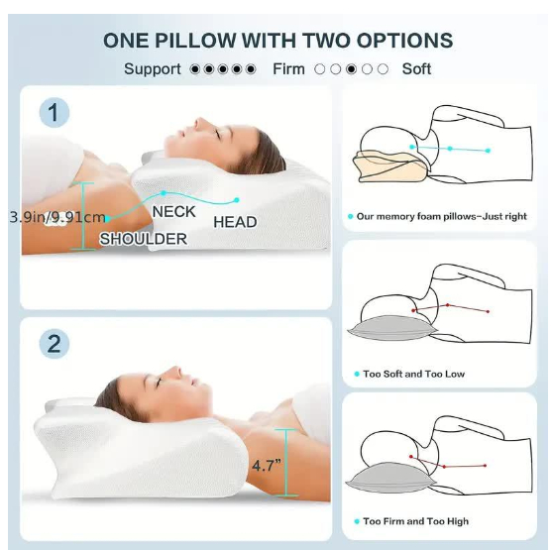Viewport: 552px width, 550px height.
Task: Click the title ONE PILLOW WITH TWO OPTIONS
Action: (x=277, y=41)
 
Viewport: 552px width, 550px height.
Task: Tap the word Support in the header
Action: (x=153, y=69)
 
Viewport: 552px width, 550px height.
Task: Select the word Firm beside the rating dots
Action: (x=289, y=69)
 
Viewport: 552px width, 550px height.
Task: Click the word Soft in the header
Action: (x=416, y=69)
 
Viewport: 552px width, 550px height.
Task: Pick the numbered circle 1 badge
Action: (x=55, y=113)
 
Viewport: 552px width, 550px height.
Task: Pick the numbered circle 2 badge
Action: (x=55, y=344)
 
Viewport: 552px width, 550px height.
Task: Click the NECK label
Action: (x=173, y=211)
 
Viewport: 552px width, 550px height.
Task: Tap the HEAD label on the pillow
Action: (x=235, y=222)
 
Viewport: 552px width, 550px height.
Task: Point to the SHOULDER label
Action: (x=143, y=239)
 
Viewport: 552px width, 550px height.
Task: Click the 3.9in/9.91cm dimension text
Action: (x=57, y=217)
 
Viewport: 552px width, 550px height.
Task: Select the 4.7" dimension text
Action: (x=267, y=464)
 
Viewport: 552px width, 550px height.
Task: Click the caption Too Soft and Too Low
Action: (x=414, y=374)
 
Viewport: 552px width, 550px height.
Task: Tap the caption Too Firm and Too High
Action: (x=416, y=521)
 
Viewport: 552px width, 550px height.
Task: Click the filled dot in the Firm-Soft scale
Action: (x=351, y=69)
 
